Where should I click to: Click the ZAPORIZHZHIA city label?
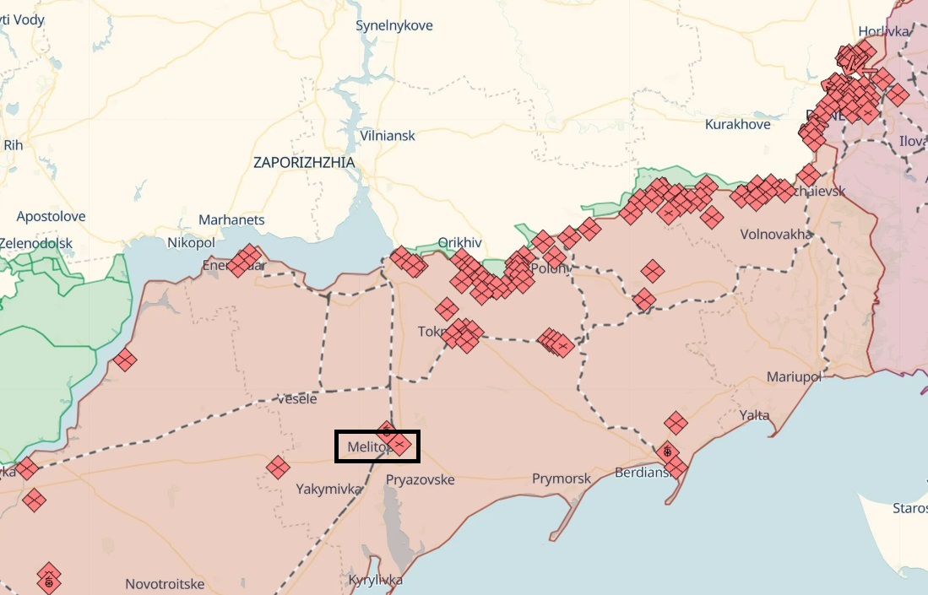click(x=304, y=162)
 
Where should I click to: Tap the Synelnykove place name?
click(x=393, y=25)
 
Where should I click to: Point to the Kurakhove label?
click(x=737, y=124)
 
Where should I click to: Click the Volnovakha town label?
click(x=776, y=234)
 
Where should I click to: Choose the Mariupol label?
click(x=794, y=376)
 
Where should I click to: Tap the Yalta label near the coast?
click(x=754, y=415)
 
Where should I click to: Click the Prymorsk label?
click(x=562, y=479)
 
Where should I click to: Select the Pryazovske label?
click(x=420, y=479)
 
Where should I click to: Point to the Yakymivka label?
click(x=328, y=489)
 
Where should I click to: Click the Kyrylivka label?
click(x=375, y=580)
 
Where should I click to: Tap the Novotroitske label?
click(x=164, y=583)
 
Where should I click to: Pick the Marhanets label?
click(x=231, y=219)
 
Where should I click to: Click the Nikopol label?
click(x=191, y=243)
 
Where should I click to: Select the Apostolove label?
click(x=51, y=216)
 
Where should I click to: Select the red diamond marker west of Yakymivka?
click(x=277, y=467)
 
